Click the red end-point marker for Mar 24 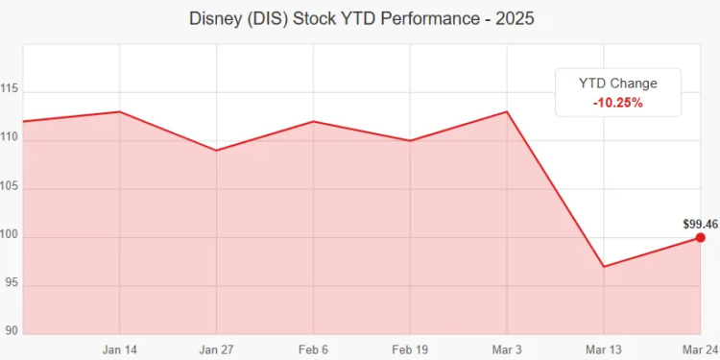701,237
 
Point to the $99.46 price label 701,224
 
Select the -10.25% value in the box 618,102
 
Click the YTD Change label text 618,83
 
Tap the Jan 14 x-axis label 119,349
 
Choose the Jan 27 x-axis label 216,349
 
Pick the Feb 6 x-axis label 313,349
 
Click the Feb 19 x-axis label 410,349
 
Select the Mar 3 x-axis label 507,349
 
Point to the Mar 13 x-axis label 604,349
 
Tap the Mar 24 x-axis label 699,349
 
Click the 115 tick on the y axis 11,89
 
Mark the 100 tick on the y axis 11,236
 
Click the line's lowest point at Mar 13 604,266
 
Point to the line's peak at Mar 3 507,111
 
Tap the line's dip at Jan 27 216,150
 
